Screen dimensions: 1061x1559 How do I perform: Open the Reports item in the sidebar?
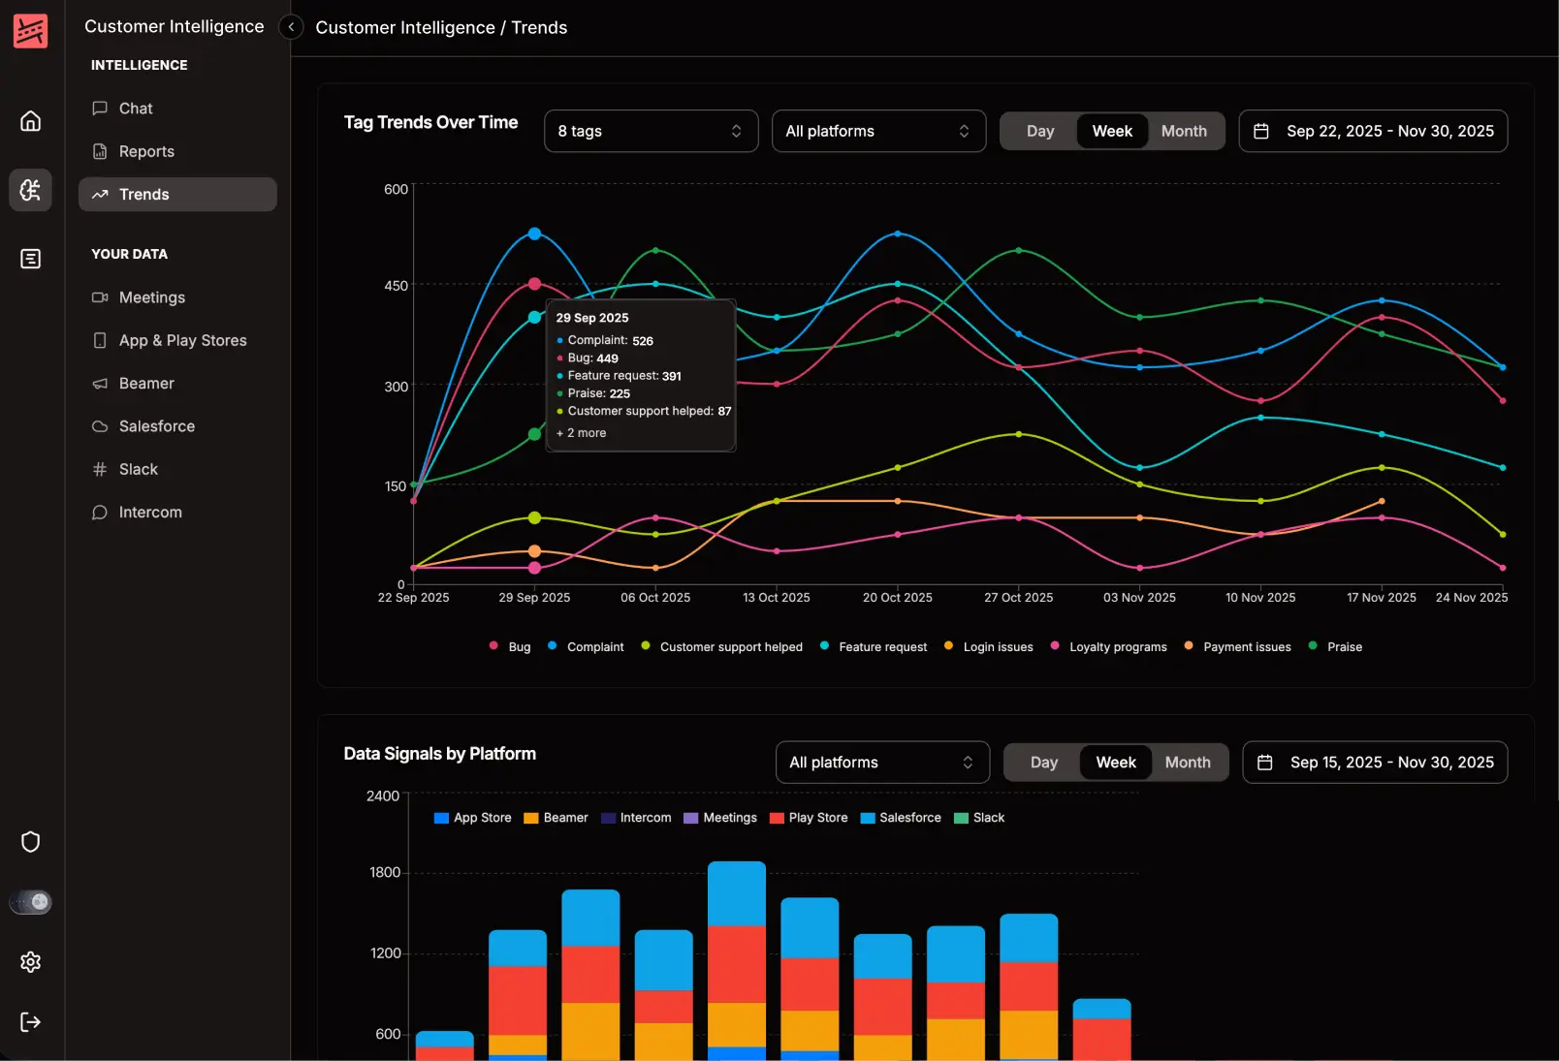[145, 151]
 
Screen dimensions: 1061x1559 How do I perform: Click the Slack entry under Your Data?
[138, 469]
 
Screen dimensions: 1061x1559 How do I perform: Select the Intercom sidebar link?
[149, 512]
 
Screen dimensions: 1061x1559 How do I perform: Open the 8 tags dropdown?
[651, 131]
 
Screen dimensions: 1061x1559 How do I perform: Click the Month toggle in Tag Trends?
[1184, 131]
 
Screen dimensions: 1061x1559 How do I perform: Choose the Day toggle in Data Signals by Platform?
[1043, 763]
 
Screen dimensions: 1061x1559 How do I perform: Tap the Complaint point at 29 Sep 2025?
[534, 234]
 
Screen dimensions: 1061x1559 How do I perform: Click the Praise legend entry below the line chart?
[1344, 646]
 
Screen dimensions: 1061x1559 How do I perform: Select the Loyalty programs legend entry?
[1117, 646]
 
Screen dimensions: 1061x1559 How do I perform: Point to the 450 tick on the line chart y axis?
[396, 286]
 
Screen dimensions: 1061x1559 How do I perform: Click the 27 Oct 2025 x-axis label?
[1018, 597]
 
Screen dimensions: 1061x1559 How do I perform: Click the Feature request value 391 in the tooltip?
[672, 376]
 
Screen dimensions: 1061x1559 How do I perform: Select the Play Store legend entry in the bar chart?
[817, 818]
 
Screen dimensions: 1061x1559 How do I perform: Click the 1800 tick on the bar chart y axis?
[385, 872]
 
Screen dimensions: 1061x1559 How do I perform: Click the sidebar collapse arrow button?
[291, 27]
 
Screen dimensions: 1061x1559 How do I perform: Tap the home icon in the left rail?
[31, 121]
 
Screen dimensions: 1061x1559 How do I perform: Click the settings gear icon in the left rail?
[31, 961]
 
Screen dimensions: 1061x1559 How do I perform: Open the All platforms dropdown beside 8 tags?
[878, 131]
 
